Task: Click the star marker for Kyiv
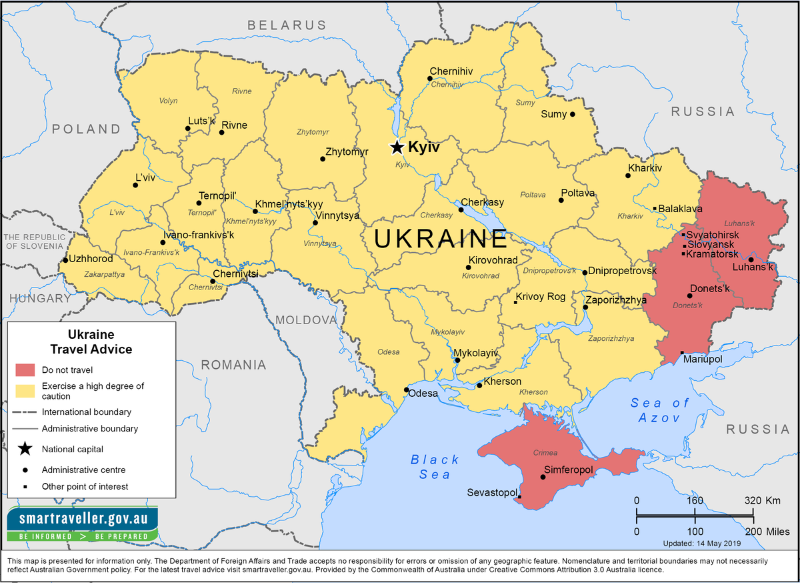pos(397,147)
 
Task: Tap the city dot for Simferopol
pos(543,477)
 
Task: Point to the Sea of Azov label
pos(659,410)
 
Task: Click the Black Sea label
pos(435,467)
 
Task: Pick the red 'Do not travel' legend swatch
pos(25,370)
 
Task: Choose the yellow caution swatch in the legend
pos(25,390)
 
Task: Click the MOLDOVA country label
pos(307,320)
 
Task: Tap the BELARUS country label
pos(287,25)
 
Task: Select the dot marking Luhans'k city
pos(751,259)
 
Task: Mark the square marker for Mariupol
pos(682,353)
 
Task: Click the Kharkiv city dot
pos(628,176)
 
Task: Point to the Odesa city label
pos(423,394)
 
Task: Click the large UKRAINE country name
pos(441,239)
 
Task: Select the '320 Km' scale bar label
pos(763,500)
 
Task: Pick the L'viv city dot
pos(136,185)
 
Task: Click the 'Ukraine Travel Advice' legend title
pos(91,342)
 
